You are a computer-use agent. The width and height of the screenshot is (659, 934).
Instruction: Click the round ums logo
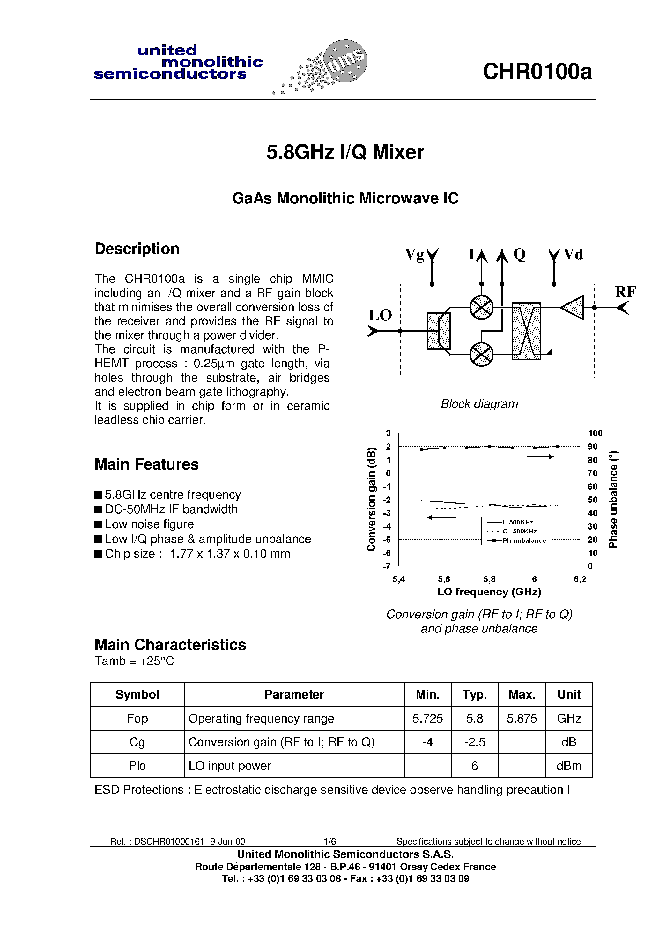click(x=344, y=61)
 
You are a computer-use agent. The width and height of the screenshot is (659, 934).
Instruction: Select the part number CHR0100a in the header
click(x=537, y=72)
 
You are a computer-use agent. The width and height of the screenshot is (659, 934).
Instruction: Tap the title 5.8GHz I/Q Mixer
click(x=345, y=152)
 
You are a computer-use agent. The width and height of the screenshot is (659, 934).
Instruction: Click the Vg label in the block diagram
click(x=414, y=255)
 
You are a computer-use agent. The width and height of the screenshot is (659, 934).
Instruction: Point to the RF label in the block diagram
click(x=625, y=292)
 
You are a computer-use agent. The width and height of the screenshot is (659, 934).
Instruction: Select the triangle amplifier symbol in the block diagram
click(x=573, y=308)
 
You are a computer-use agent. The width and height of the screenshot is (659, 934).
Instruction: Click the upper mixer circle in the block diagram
click(x=481, y=308)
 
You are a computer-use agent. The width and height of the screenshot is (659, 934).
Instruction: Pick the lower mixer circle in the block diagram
click(x=481, y=354)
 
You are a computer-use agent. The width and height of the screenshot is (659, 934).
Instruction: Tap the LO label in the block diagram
click(x=380, y=315)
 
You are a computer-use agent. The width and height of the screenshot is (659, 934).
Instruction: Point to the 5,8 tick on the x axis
click(x=489, y=579)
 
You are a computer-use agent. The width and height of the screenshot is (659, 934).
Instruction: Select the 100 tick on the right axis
click(x=595, y=433)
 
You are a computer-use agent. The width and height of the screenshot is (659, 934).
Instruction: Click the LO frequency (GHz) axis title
click(x=489, y=592)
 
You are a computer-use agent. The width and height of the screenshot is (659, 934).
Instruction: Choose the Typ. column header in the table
click(x=475, y=694)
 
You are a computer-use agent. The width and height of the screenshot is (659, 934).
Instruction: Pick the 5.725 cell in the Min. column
click(x=427, y=718)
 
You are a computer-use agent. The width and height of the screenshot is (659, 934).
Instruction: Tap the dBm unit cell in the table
click(x=569, y=766)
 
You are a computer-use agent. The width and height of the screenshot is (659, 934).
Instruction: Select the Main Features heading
click(x=147, y=464)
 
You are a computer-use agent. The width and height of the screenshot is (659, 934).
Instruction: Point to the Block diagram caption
click(x=479, y=404)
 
